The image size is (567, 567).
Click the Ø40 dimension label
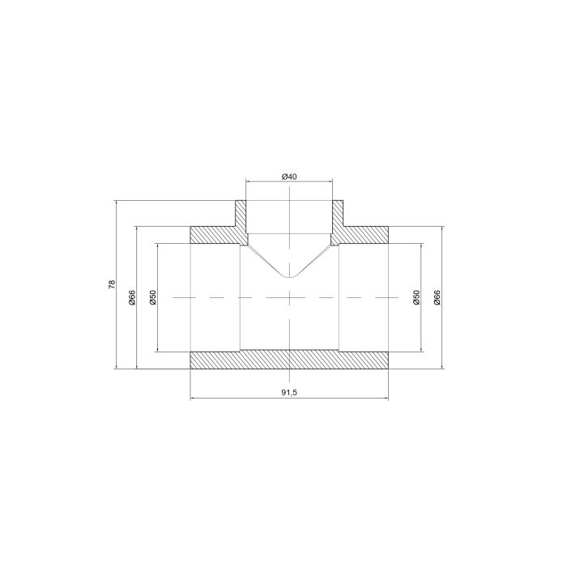(x=289, y=177)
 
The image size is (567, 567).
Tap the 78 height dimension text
(x=112, y=283)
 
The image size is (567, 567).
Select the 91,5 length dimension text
(x=289, y=392)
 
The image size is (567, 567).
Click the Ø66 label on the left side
(x=132, y=297)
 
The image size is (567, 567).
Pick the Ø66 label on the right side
(x=437, y=297)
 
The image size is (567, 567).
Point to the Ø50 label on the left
(x=152, y=297)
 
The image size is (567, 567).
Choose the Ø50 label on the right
(x=416, y=297)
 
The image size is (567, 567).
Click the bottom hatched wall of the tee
(x=289, y=360)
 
